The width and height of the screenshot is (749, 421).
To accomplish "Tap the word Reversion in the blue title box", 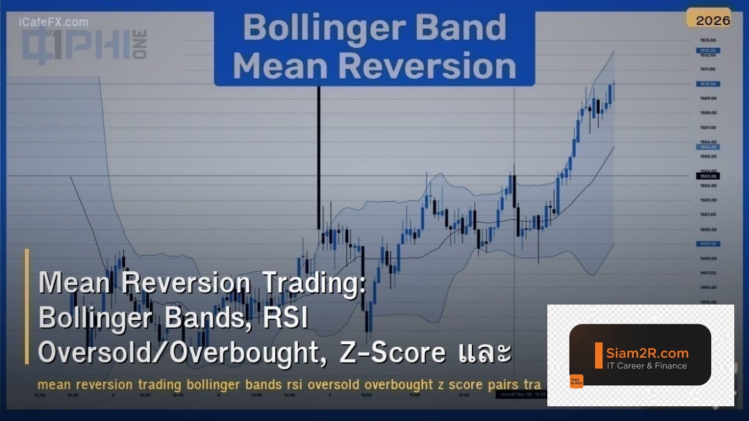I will pyautogui.click(x=435, y=66).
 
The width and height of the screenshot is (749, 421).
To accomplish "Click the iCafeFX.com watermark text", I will pyautogui.click(x=54, y=22).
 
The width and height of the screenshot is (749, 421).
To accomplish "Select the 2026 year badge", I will pyautogui.click(x=713, y=20).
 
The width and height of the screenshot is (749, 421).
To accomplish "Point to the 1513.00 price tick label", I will pyautogui.click(x=707, y=40).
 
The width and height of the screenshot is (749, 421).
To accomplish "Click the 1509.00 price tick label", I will pyautogui.click(x=707, y=99).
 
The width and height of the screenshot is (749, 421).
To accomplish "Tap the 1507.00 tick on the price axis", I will pyautogui.click(x=707, y=127).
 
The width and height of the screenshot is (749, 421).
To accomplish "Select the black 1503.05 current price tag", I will pyautogui.click(x=708, y=176).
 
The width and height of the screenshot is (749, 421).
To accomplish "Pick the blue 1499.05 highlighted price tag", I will pyautogui.click(x=708, y=244).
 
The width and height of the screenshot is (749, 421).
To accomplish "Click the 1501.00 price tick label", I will pyautogui.click(x=707, y=215).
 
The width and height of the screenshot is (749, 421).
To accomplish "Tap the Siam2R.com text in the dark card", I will pyautogui.click(x=647, y=353).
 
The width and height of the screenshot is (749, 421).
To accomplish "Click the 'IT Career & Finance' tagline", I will pyautogui.click(x=646, y=366).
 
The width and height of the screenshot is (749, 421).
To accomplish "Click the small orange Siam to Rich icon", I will pyautogui.click(x=576, y=381).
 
